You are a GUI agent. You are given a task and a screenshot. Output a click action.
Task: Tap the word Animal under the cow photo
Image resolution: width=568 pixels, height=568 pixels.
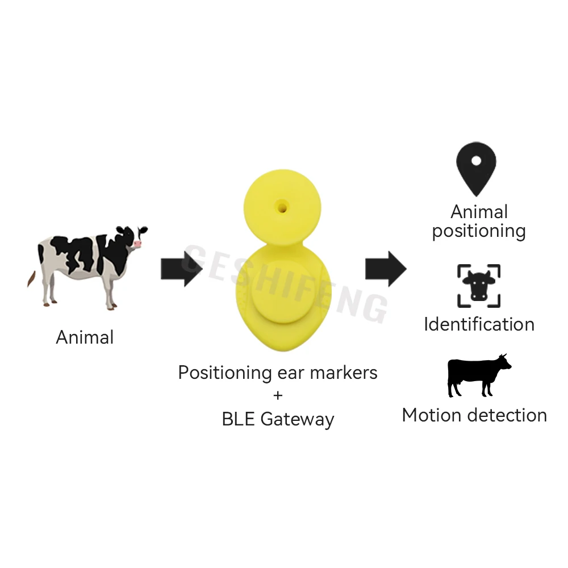85,337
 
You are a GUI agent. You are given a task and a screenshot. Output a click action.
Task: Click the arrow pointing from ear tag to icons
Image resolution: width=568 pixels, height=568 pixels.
386,268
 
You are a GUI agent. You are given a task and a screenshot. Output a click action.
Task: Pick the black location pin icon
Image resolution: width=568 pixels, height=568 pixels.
476,169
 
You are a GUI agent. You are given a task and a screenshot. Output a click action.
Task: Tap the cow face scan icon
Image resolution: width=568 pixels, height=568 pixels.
478,286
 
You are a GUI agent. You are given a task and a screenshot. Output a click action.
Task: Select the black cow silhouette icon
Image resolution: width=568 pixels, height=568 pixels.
478,375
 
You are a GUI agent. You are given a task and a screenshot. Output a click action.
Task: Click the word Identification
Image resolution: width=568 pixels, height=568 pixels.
479,324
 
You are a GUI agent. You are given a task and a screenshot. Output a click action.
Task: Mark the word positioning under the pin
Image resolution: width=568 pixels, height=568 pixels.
479,231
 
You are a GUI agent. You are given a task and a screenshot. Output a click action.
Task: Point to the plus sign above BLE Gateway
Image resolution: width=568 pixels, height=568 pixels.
278,395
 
